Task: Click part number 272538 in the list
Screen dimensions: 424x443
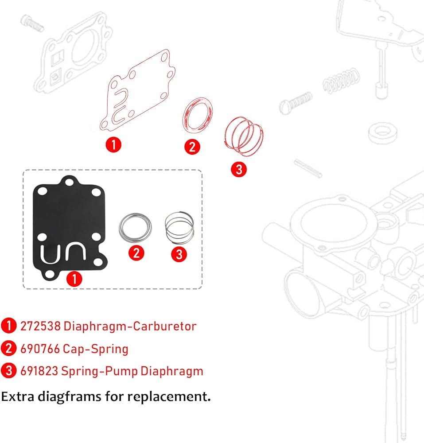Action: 40,326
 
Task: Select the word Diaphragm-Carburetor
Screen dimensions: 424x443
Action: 130,326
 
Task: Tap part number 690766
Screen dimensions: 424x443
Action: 40,349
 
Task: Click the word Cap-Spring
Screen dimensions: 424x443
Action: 96,349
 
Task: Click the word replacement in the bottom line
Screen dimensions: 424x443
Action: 169,397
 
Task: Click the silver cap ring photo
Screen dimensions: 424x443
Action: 135,228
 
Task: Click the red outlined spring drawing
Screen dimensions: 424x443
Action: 244,136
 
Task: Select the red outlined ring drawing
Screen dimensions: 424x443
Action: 198,115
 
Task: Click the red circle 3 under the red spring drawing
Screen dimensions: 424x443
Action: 239,170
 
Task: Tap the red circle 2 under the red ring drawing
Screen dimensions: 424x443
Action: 192,147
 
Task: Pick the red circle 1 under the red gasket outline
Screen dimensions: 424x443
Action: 113,145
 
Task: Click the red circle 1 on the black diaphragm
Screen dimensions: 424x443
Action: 74,279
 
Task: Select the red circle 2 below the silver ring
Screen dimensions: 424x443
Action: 136,253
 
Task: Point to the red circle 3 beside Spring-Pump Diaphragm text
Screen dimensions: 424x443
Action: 9,371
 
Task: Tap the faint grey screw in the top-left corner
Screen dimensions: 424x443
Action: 32,23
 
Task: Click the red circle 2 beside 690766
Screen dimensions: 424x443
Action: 9,348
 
